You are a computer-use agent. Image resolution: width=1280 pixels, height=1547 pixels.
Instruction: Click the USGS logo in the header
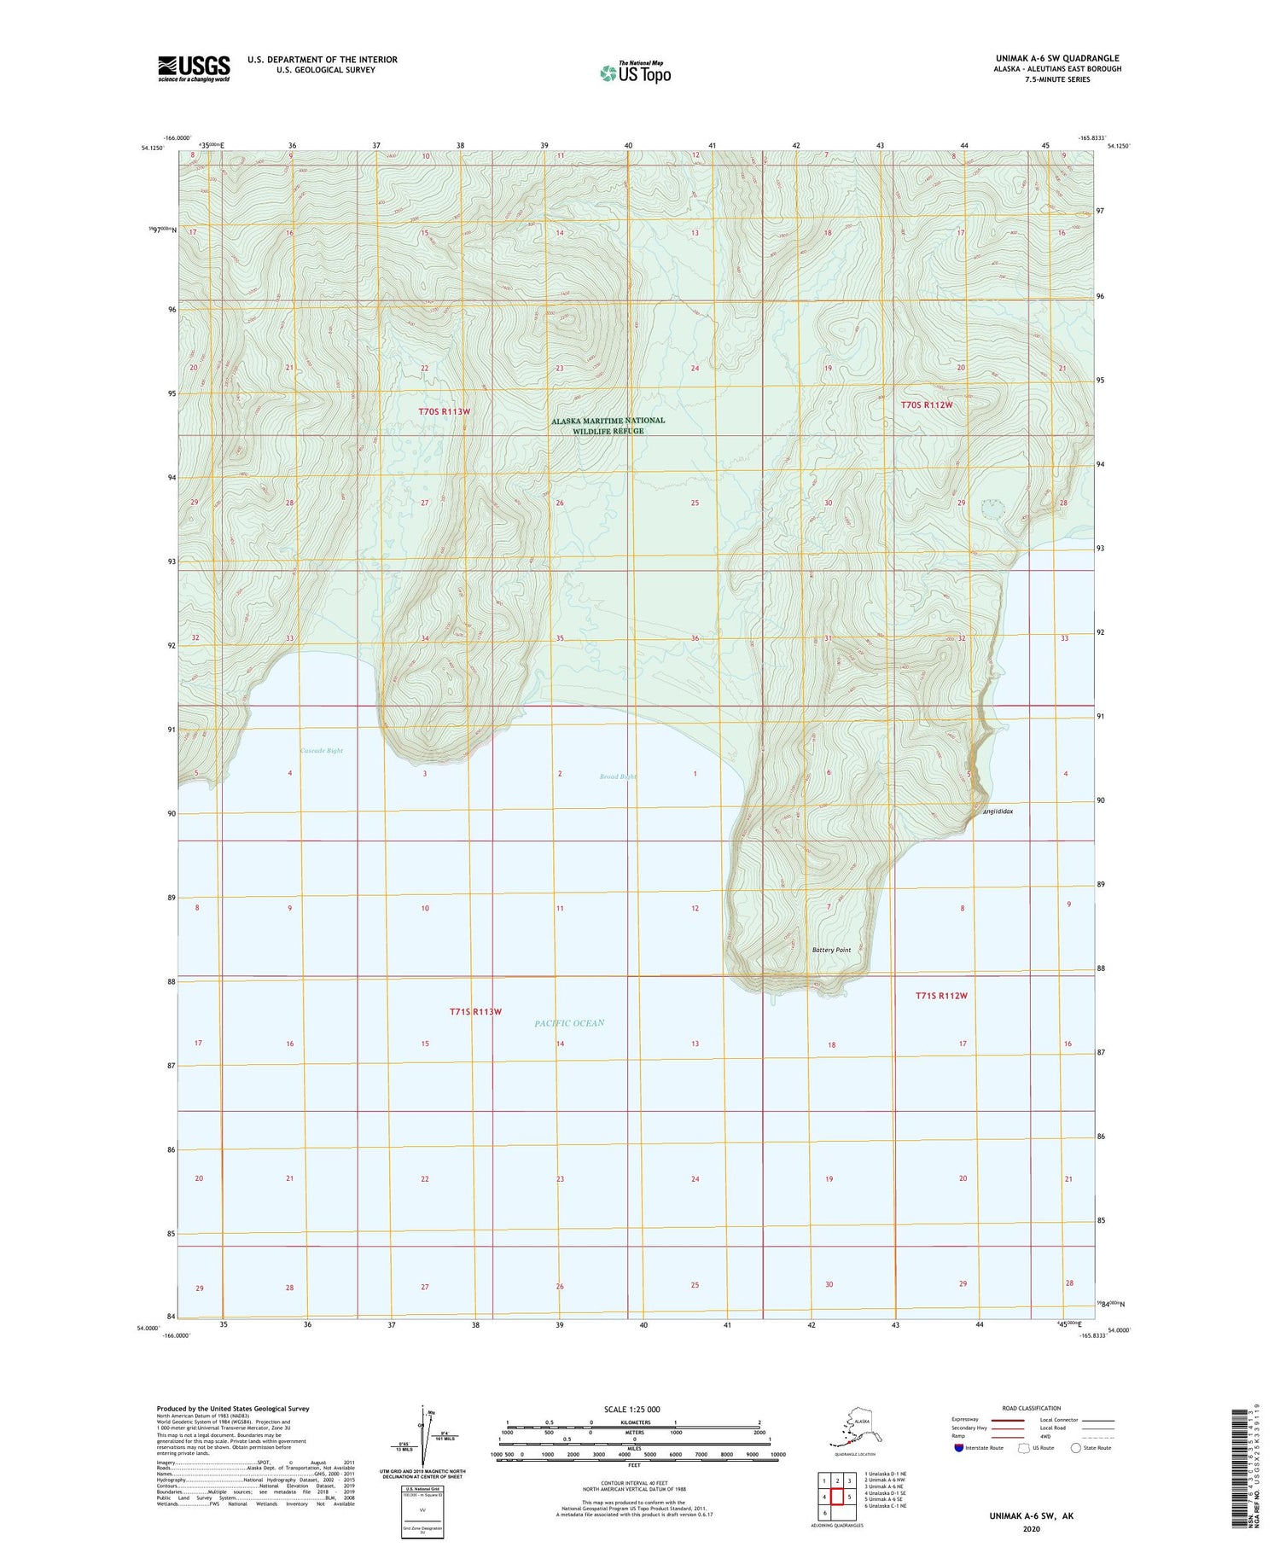(x=194, y=68)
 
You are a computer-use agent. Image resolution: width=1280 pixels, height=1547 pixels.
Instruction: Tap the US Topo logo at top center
(x=636, y=73)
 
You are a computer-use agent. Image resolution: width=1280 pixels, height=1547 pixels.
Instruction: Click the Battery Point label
(x=831, y=950)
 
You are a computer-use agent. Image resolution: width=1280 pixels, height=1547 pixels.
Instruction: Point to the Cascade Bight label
(x=322, y=750)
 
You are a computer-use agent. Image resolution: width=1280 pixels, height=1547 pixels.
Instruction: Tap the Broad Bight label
(x=618, y=776)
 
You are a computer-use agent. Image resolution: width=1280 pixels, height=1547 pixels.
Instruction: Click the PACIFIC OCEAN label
(x=569, y=1022)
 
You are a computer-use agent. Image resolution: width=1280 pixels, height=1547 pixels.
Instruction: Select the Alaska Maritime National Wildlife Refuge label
(x=608, y=426)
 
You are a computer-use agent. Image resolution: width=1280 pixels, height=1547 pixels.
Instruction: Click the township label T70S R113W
(x=444, y=411)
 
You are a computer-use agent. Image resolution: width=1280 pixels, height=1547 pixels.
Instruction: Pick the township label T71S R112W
(x=941, y=996)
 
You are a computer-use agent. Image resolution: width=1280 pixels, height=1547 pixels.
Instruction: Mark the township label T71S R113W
(x=475, y=1011)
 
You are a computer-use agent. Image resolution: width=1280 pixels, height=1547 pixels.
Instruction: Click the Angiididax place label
(x=998, y=811)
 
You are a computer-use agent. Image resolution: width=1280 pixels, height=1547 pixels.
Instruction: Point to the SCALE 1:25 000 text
(x=631, y=1410)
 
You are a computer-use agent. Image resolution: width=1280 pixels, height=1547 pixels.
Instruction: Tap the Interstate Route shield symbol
(x=959, y=1448)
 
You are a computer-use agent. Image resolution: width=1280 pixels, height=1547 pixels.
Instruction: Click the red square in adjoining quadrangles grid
(x=837, y=1497)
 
